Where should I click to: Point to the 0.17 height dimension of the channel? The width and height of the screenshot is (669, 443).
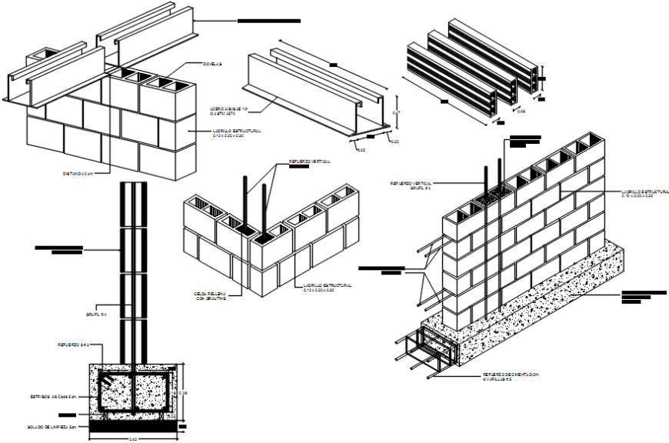point(397,112)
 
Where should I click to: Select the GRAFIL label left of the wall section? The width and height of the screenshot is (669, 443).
point(96,314)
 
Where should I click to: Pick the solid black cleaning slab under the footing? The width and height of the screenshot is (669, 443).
point(135,425)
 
